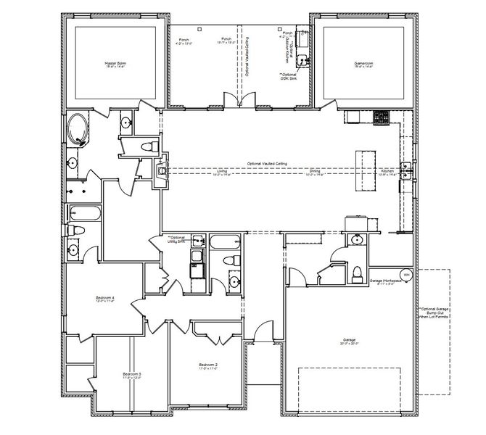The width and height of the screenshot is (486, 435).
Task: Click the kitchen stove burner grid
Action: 382,116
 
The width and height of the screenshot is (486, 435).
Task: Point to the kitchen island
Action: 363,170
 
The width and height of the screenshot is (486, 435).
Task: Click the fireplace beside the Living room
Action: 161,171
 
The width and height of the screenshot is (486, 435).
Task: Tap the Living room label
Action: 222,173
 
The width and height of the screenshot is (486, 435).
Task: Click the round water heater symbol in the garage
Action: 405,275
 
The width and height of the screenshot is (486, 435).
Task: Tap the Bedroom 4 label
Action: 106,299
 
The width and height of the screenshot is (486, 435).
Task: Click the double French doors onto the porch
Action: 240,100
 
